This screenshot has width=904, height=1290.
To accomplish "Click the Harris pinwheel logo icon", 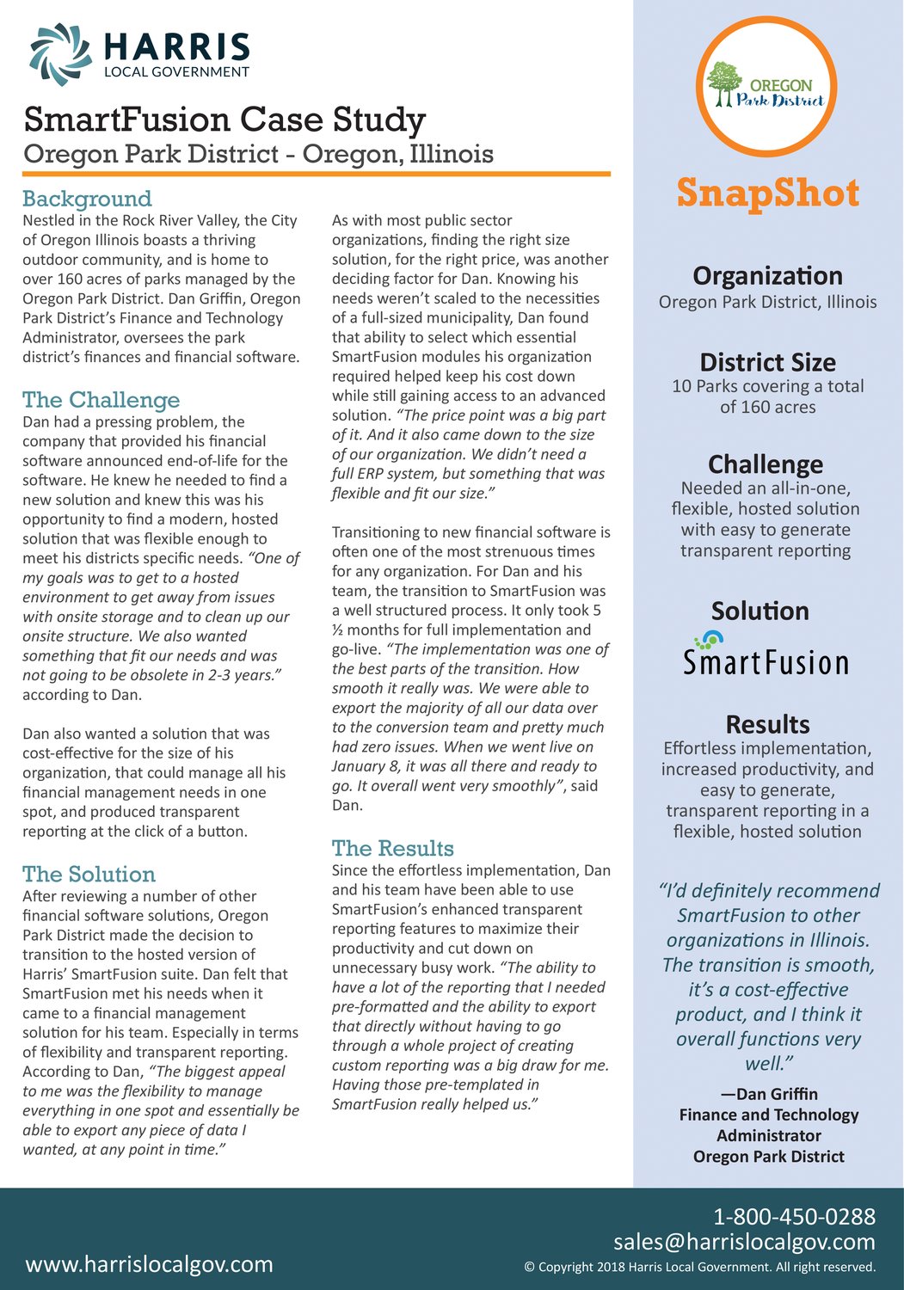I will pyautogui.click(x=60, y=54).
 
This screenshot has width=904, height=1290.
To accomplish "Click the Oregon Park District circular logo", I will pyautogui.click(x=766, y=86).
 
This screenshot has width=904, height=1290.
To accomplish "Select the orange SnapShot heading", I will pyautogui.click(x=767, y=193).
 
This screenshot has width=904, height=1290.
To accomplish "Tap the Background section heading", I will pyautogui.click(x=87, y=199).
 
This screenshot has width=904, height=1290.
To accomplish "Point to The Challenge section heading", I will pyautogui.click(x=101, y=400).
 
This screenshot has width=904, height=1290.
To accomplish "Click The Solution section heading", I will pyautogui.click(x=89, y=875).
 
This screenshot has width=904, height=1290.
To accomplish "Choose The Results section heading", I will pyautogui.click(x=393, y=849).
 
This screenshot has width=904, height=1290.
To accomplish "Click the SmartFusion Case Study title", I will pyautogui.click(x=225, y=120).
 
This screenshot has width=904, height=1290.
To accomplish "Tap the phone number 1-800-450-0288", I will pyautogui.click(x=794, y=1217).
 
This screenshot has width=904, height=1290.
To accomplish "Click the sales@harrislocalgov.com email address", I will pyautogui.click(x=744, y=1242).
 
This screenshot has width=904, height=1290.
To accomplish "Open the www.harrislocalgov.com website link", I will pyautogui.click(x=150, y=1264).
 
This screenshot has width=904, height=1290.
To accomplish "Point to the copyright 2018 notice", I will pyautogui.click(x=700, y=1267).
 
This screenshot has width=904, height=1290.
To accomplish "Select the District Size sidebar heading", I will pyautogui.click(x=767, y=362).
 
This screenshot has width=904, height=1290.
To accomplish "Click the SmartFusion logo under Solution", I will pyautogui.click(x=766, y=654).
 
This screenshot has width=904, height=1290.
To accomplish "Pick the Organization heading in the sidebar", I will pyautogui.click(x=767, y=276).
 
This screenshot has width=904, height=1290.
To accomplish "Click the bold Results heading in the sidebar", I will pyautogui.click(x=767, y=724).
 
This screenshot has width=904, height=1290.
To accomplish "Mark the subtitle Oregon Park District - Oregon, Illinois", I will pyautogui.click(x=259, y=154).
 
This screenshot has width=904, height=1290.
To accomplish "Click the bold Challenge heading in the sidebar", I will pyautogui.click(x=766, y=464).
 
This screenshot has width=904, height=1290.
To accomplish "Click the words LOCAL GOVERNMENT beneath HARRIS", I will pyautogui.click(x=176, y=72).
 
